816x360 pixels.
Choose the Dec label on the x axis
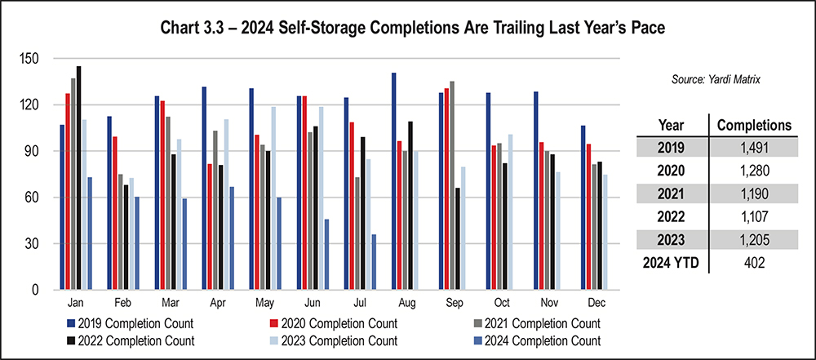(x=592, y=302)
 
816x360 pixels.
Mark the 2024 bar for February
(x=136, y=243)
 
